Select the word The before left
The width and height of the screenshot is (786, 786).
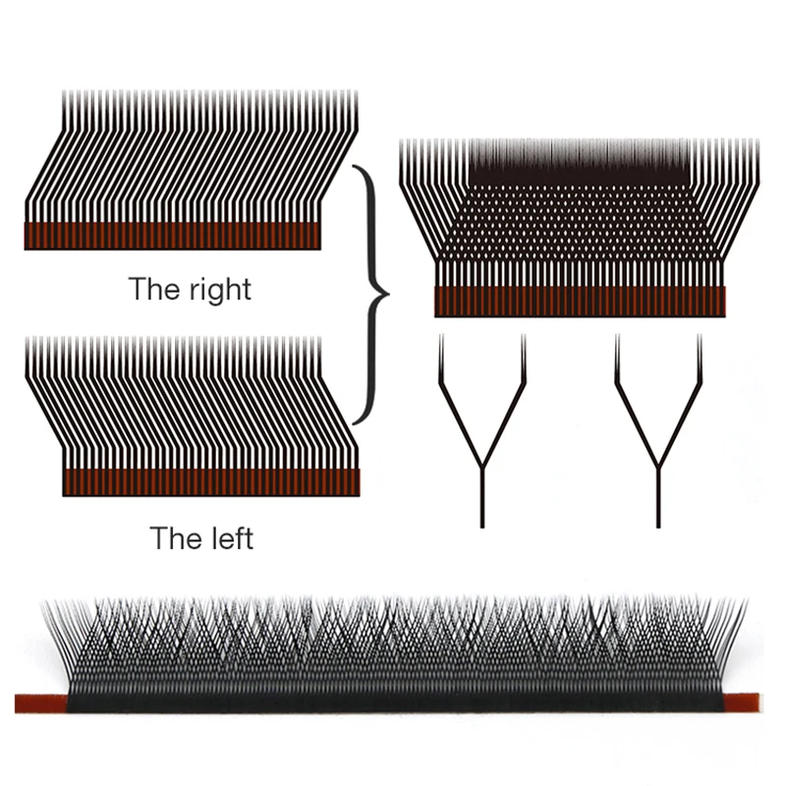pyautogui.click(x=175, y=537)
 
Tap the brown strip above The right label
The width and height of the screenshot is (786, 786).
pyautogui.click(x=172, y=236)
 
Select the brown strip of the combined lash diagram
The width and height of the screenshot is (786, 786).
pyautogui.click(x=580, y=302)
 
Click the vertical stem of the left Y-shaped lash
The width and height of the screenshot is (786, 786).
pyautogui.click(x=482, y=496)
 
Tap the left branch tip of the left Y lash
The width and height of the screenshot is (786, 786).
pyautogui.click(x=441, y=338)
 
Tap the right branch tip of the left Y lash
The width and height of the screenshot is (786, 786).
pyautogui.click(x=523, y=338)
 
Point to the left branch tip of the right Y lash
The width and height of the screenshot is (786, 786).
pyautogui.click(x=618, y=338)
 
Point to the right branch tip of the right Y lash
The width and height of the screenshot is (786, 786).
pyautogui.click(x=700, y=338)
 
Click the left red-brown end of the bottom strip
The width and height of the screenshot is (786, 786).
pyautogui.click(x=39, y=702)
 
